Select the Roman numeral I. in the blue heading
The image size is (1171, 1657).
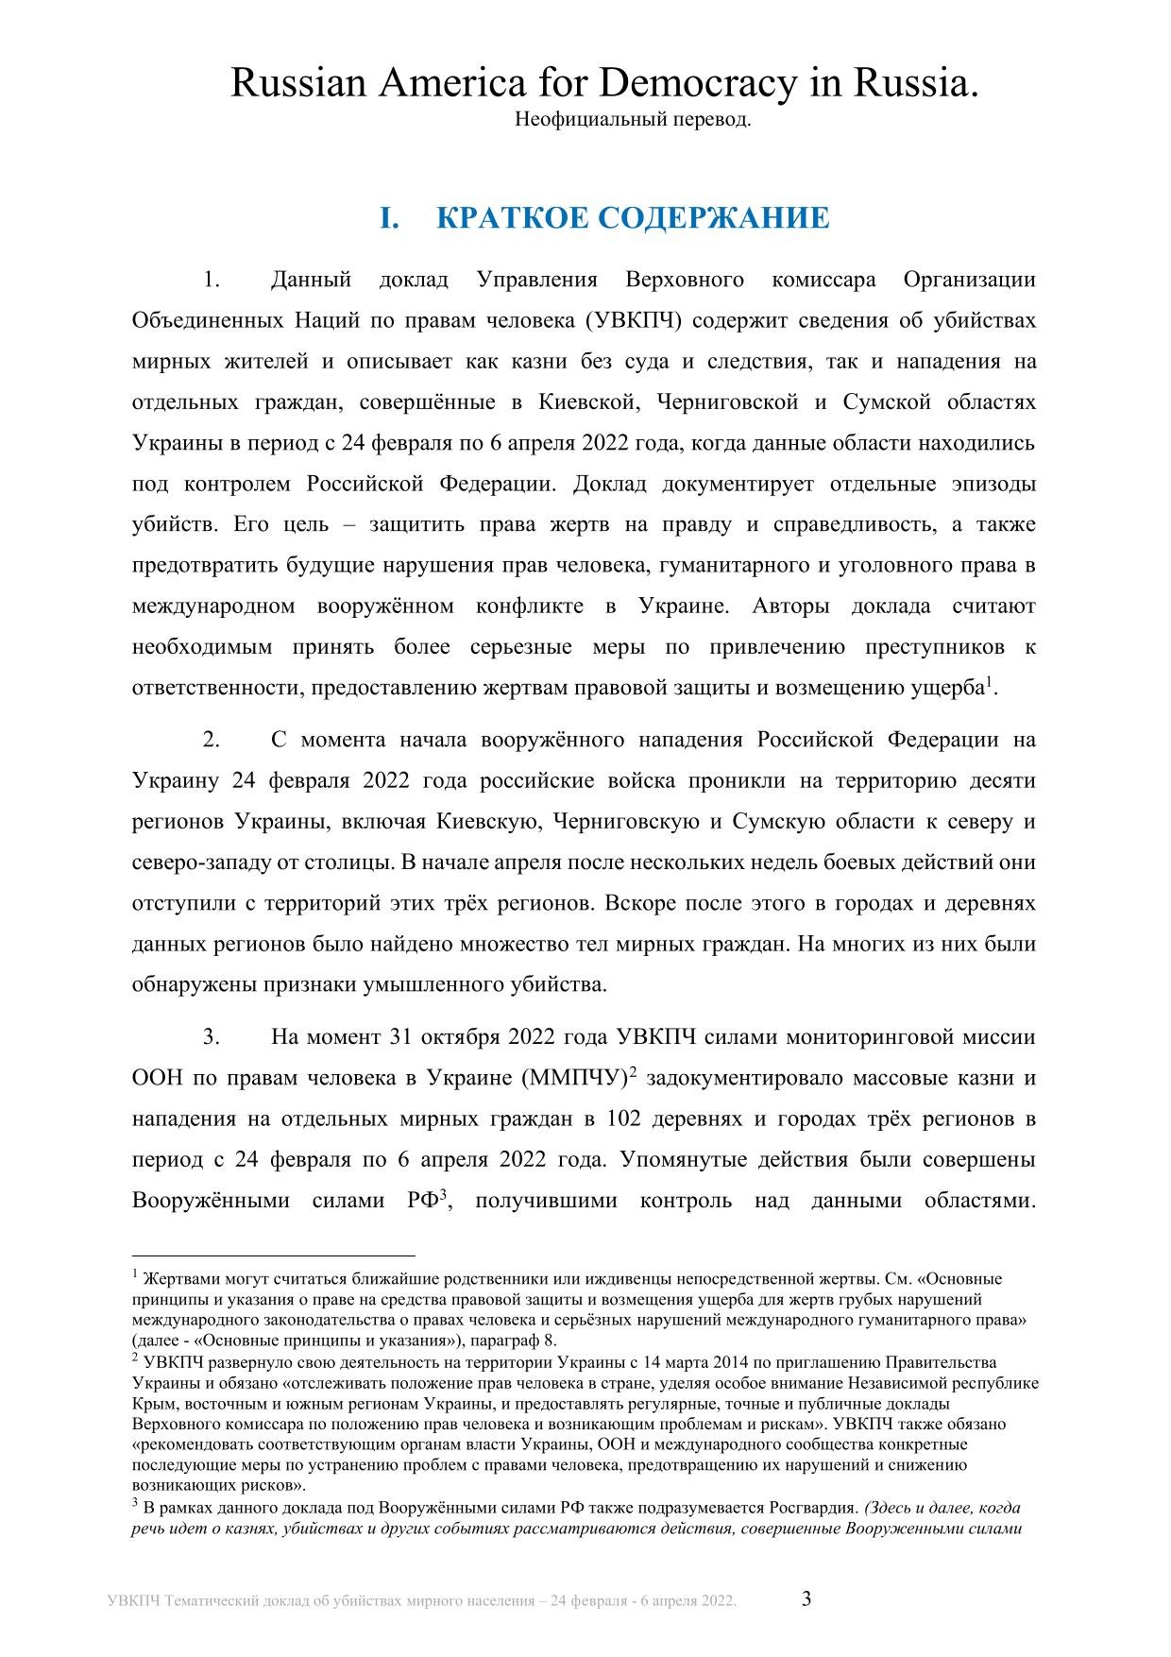tap(390, 218)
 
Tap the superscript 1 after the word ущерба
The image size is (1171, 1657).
tap(990, 681)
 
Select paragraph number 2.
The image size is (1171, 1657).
tap(212, 740)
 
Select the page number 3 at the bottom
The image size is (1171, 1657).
tap(806, 1598)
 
